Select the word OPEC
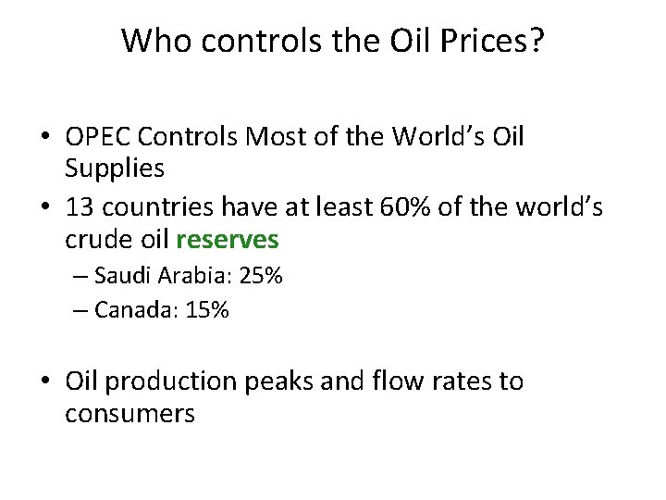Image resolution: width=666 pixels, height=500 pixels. [98, 137]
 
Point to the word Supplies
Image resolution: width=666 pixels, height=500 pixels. [115, 168]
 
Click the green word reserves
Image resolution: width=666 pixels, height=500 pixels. [228, 240]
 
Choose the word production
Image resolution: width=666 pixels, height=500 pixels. [170, 381]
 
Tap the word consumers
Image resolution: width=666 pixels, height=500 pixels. [129, 412]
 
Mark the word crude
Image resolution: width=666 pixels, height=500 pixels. [96, 240]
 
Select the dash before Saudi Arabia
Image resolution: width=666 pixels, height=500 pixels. [80, 276]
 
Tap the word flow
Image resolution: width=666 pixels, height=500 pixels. [395, 381]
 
